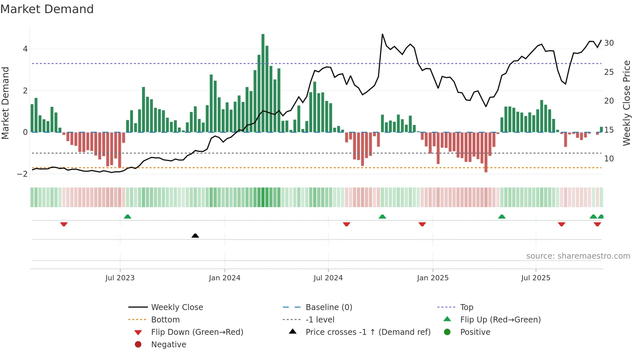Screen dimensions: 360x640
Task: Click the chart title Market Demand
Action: [x=47, y=9]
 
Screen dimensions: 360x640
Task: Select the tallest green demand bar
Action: [x=263, y=83]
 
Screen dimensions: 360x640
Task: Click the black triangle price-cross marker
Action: [x=195, y=236]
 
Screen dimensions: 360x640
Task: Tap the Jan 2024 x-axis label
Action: [x=225, y=278]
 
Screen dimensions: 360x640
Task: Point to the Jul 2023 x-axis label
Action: [x=120, y=278]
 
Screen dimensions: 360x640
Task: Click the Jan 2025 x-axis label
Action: [x=433, y=278]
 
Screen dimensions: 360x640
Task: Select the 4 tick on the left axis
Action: [x=25, y=49]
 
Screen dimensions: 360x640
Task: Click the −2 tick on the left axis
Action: [x=23, y=174]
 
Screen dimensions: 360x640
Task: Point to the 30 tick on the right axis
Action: [x=609, y=43]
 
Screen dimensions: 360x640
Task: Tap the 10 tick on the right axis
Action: [x=609, y=159]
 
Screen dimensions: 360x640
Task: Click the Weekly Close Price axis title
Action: [x=627, y=103]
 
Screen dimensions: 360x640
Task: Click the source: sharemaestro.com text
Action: [x=578, y=256]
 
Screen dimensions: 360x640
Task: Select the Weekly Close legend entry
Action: [x=177, y=307]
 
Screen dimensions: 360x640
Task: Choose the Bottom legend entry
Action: [x=165, y=320]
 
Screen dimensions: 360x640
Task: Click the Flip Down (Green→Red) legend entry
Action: [x=197, y=332]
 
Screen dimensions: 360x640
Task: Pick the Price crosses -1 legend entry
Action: [x=368, y=332]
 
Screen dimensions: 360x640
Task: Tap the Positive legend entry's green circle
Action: [x=447, y=332]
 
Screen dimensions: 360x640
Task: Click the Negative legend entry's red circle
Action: [x=138, y=345]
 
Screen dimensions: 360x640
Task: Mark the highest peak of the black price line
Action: [x=382, y=34]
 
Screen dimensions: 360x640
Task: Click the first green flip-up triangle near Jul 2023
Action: [x=128, y=217]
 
